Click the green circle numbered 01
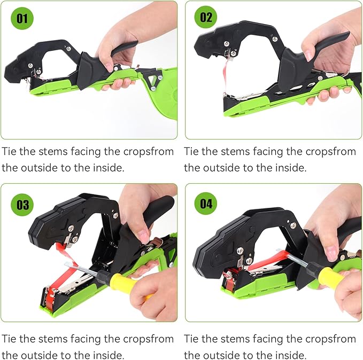pyautogui.click(x=21, y=18)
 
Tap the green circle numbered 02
pyautogui.click(x=205, y=18)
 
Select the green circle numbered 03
pyautogui.click(x=21, y=205)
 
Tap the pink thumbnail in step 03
pyautogui.click(x=142, y=234)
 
